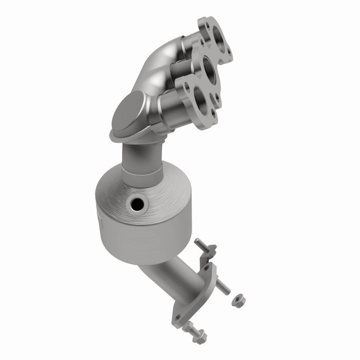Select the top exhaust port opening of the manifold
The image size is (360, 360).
click(x=217, y=38)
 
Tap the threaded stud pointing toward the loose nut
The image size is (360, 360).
click(x=222, y=286)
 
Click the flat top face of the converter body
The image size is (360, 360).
click(x=154, y=190)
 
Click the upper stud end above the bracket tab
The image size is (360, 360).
click(x=199, y=240)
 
